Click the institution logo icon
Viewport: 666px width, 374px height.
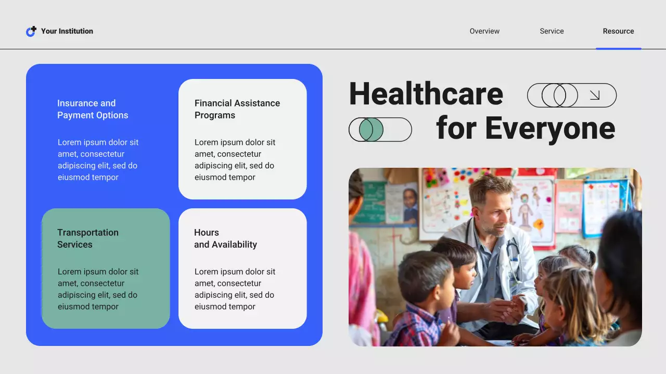(x=31, y=32)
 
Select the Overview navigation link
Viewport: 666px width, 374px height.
(x=484, y=31)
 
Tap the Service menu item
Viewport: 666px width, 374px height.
(x=552, y=31)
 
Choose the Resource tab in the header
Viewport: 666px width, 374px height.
(x=618, y=31)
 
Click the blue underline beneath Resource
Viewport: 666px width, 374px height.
(x=618, y=48)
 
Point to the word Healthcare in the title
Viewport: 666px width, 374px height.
(x=426, y=94)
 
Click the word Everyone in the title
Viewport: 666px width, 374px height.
(x=550, y=128)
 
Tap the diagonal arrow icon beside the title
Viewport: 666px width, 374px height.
(x=595, y=95)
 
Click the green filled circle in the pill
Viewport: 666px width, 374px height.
(x=371, y=129)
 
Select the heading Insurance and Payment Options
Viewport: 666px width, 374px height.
(x=93, y=109)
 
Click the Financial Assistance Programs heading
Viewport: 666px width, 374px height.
(x=237, y=109)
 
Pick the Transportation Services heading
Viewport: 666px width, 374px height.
(x=88, y=238)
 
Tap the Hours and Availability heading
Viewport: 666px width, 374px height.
(x=225, y=238)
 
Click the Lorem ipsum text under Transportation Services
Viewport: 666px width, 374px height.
(x=98, y=289)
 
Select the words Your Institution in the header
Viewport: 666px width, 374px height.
(x=67, y=31)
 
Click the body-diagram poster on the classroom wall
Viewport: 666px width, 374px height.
(x=532, y=205)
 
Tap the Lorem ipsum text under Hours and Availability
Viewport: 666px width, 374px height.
(x=235, y=289)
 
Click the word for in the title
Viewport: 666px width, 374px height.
(x=456, y=128)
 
